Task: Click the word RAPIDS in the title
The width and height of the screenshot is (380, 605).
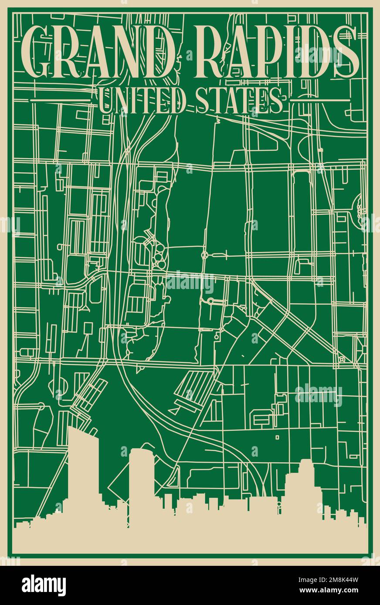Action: click(x=279, y=51)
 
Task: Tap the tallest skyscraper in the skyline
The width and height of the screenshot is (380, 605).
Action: click(x=83, y=470)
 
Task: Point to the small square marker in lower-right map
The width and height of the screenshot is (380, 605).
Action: click(x=277, y=437)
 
